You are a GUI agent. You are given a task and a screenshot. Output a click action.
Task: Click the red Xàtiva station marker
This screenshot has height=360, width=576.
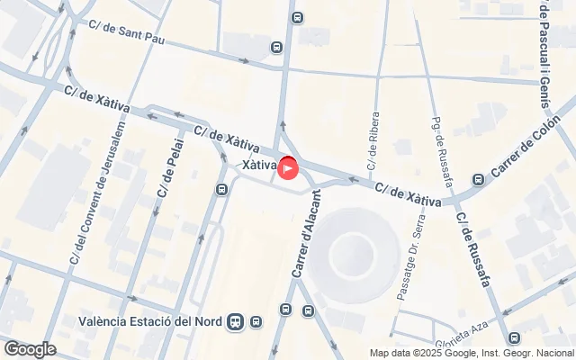pos(288,167)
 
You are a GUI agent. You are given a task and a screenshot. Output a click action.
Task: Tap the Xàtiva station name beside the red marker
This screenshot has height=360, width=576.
pos(259,166)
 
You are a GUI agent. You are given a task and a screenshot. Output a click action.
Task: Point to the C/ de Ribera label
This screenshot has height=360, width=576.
pos(372,142)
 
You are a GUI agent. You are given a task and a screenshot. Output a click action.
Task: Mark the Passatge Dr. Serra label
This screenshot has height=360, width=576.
pos(402,256)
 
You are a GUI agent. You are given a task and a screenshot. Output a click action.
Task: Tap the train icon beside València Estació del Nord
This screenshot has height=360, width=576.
pos(236,320)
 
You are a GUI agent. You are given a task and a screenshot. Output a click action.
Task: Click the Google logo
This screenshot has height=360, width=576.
pos(30,349)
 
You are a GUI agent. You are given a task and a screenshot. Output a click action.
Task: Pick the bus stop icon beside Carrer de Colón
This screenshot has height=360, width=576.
pos(477,178)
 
